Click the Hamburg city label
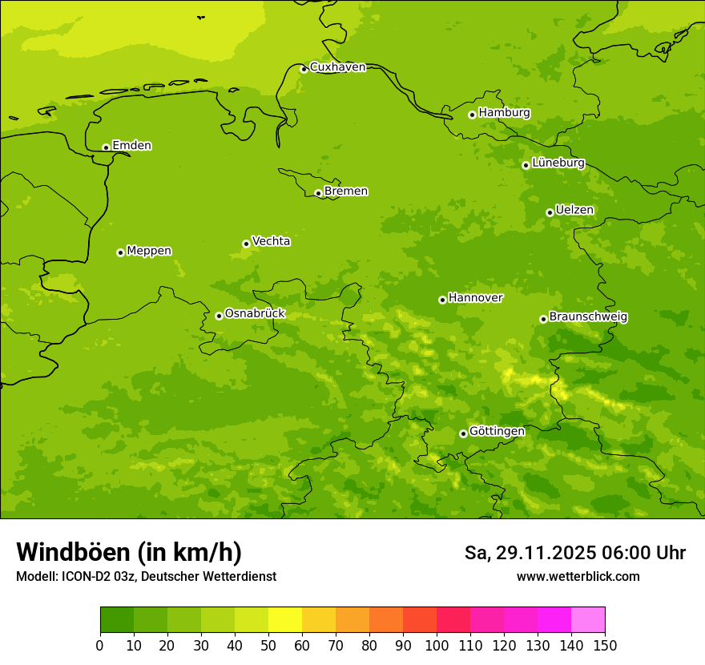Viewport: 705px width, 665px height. pyautogui.click(x=504, y=113)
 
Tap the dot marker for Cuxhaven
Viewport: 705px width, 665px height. pyautogui.click(x=304, y=69)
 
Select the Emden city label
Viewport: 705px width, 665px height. pyautogui.click(x=131, y=146)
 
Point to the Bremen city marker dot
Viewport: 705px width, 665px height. pyautogui.click(x=318, y=193)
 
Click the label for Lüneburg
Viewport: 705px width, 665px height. pyautogui.click(x=558, y=163)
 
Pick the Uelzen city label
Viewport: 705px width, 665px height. pyautogui.click(x=574, y=211)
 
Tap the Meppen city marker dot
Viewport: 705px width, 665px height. pyautogui.click(x=120, y=252)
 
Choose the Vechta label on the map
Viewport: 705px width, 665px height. pyautogui.click(x=271, y=241)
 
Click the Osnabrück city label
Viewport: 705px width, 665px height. pyautogui.click(x=255, y=314)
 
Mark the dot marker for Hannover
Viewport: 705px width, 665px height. pyautogui.click(x=442, y=300)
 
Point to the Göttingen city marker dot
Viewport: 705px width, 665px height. pyautogui.click(x=463, y=433)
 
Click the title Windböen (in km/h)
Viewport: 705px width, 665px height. pyautogui.click(x=129, y=553)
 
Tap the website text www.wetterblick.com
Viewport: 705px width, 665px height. pyautogui.click(x=578, y=576)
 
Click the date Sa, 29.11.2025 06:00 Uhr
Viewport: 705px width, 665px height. pyautogui.click(x=574, y=553)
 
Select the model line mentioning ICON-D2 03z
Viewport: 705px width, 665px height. pyautogui.click(x=146, y=576)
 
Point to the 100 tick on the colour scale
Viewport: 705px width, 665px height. pyautogui.click(x=437, y=645)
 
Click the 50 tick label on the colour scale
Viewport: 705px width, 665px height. pyautogui.click(x=268, y=645)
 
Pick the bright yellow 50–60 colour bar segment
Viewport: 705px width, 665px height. pyautogui.click(x=285, y=620)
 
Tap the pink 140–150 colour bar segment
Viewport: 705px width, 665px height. pyautogui.click(x=588, y=620)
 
